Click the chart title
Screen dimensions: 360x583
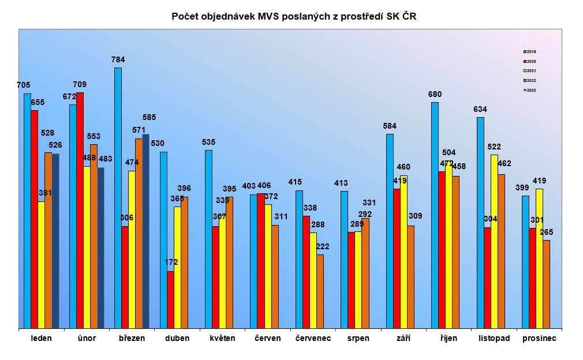click(x=294, y=17)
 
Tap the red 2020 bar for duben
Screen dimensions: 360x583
click(x=170, y=300)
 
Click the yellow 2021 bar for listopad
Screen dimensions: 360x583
click(x=494, y=242)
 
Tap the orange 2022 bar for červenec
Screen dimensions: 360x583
click(x=320, y=291)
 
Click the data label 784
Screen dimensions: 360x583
click(x=118, y=59)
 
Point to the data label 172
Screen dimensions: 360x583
click(x=171, y=262)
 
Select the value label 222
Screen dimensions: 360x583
click(x=323, y=246)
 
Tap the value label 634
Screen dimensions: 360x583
click(x=480, y=109)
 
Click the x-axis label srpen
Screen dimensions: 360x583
click(x=358, y=338)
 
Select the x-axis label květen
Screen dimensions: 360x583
click(x=222, y=338)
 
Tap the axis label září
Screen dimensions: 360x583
click(x=403, y=338)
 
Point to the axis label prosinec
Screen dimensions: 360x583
click(x=539, y=338)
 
